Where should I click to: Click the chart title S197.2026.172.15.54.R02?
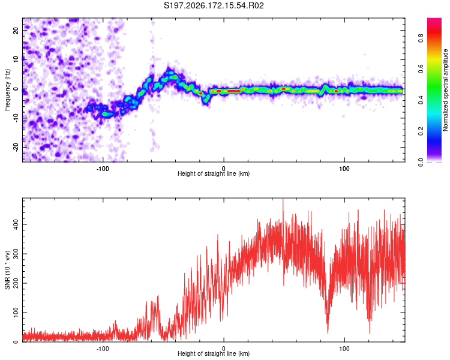click(x=214, y=5)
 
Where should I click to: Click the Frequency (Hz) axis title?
click(x=7, y=90)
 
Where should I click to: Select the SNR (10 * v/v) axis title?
click(x=7, y=270)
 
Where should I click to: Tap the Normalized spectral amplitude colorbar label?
click(x=445, y=90)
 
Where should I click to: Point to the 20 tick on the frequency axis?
click(x=16, y=30)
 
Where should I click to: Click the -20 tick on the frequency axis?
click(x=16, y=147)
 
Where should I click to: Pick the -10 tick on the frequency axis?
click(x=16, y=118)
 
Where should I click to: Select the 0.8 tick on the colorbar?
click(x=421, y=38)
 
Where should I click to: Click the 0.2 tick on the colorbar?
click(x=421, y=131)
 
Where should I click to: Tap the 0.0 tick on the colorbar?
click(x=421, y=162)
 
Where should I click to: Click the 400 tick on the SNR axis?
click(x=16, y=224)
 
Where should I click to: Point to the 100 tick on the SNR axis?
click(x=16, y=313)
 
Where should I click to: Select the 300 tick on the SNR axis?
click(x=16, y=254)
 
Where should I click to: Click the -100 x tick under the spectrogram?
click(x=103, y=169)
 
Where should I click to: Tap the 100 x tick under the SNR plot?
click(x=344, y=349)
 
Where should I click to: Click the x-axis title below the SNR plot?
click(x=214, y=353)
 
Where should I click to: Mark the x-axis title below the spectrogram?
click(x=214, y=173)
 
